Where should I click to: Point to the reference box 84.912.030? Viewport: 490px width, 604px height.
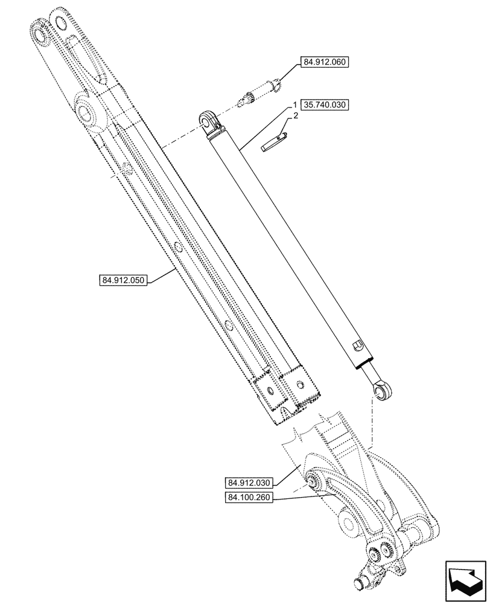pos(250,483)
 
